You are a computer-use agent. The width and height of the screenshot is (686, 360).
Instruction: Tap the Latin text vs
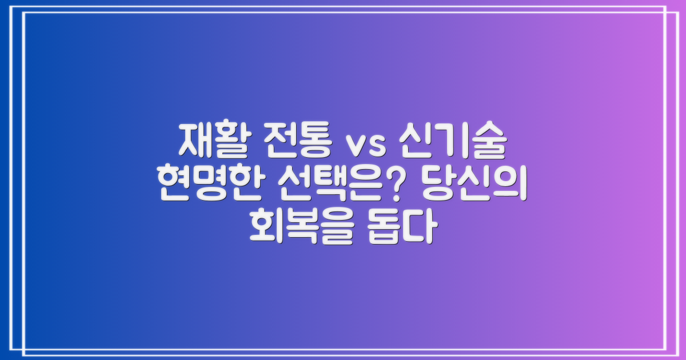pos(366,144)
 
